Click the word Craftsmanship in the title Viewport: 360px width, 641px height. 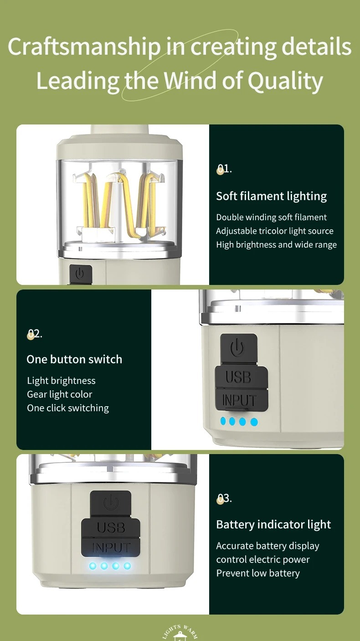pos(84,47)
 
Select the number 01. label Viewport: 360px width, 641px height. pos(224,169)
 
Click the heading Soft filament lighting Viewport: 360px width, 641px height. pos(271,196)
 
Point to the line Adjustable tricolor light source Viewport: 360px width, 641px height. pos(275,231)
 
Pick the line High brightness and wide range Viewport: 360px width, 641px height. pos(277,245)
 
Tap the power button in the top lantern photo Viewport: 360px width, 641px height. pos(81,274)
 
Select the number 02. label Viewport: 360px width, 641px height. pos(35,334)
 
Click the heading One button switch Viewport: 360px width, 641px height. pos(74,359)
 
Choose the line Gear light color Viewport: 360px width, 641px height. pos(60,394)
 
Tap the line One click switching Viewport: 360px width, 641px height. pos(68,408)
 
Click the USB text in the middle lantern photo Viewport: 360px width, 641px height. pos(238,377)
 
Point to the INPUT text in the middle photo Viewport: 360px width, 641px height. pos(239,400)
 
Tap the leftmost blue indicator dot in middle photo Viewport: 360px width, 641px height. pos(223,421)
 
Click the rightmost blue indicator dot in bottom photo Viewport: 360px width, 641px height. pos(127,566)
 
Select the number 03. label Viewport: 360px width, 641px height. pos(224,498)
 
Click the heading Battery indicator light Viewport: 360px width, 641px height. pos(274,525)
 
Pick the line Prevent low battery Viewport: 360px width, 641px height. pos(258,573)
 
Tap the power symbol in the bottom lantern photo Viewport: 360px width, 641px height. pos(111,503)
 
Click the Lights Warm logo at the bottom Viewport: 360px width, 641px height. pos(180,633)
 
